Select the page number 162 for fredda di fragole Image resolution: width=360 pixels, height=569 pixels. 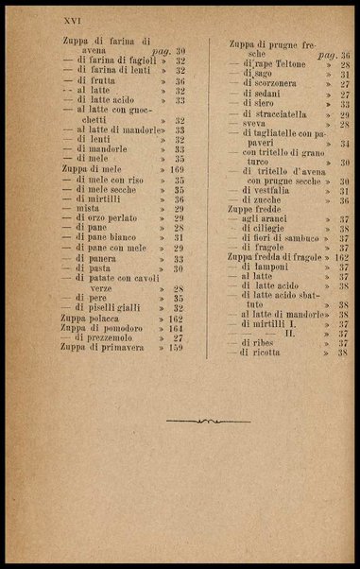341,257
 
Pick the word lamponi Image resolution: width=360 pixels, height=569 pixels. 272,267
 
